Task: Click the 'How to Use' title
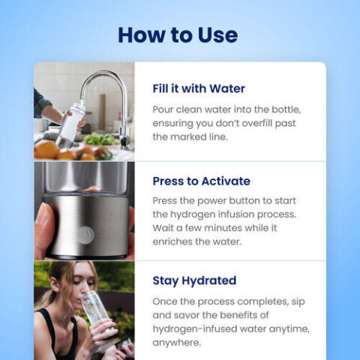[178, 34]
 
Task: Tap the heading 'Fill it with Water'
[199, 88]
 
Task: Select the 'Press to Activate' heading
[201, 181]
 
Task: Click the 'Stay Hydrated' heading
[194, 280]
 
